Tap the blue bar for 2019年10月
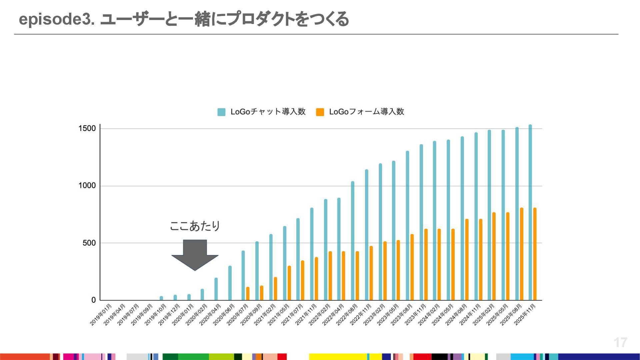pos(161,298)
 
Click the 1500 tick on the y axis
pos(87,129)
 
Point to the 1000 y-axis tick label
pos(87,186)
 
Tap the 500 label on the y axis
pos(89,243)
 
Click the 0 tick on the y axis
pos(94,300)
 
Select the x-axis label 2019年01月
pos(101,315)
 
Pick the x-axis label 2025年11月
pos(525,315)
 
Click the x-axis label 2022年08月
pos(347,315)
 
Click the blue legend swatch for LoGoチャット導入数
pos(221,112)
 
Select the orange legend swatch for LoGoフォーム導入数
pos(320,112)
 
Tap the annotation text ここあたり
pos(195,226)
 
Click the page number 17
pos(620,342)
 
